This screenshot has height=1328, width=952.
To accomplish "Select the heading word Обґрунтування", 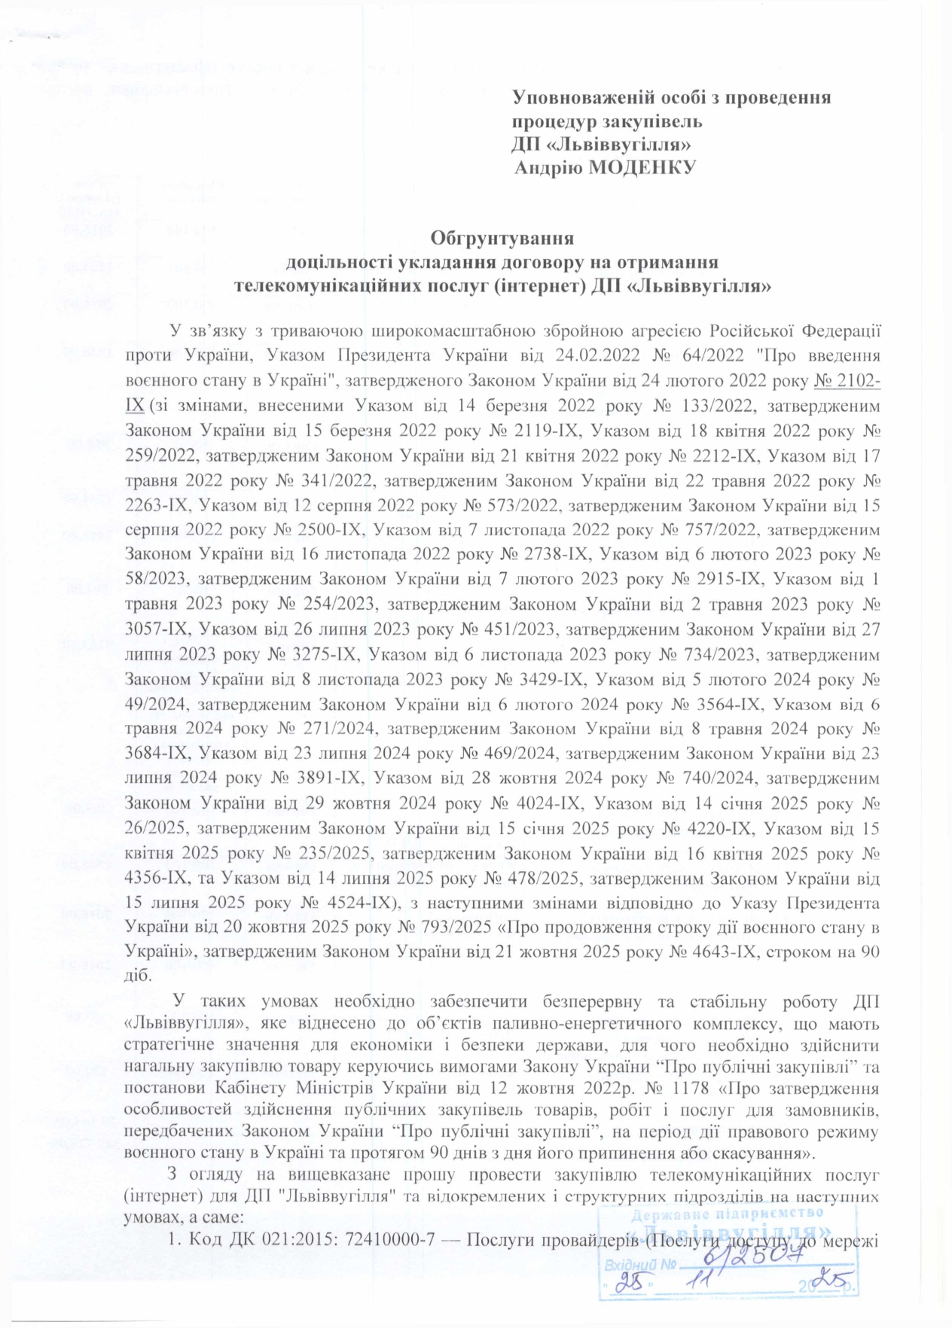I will click(x=502, y=239).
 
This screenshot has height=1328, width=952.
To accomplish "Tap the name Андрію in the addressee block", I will click(x=548, y=166).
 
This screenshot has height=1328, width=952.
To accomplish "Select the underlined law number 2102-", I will click(x=848, y=382).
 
